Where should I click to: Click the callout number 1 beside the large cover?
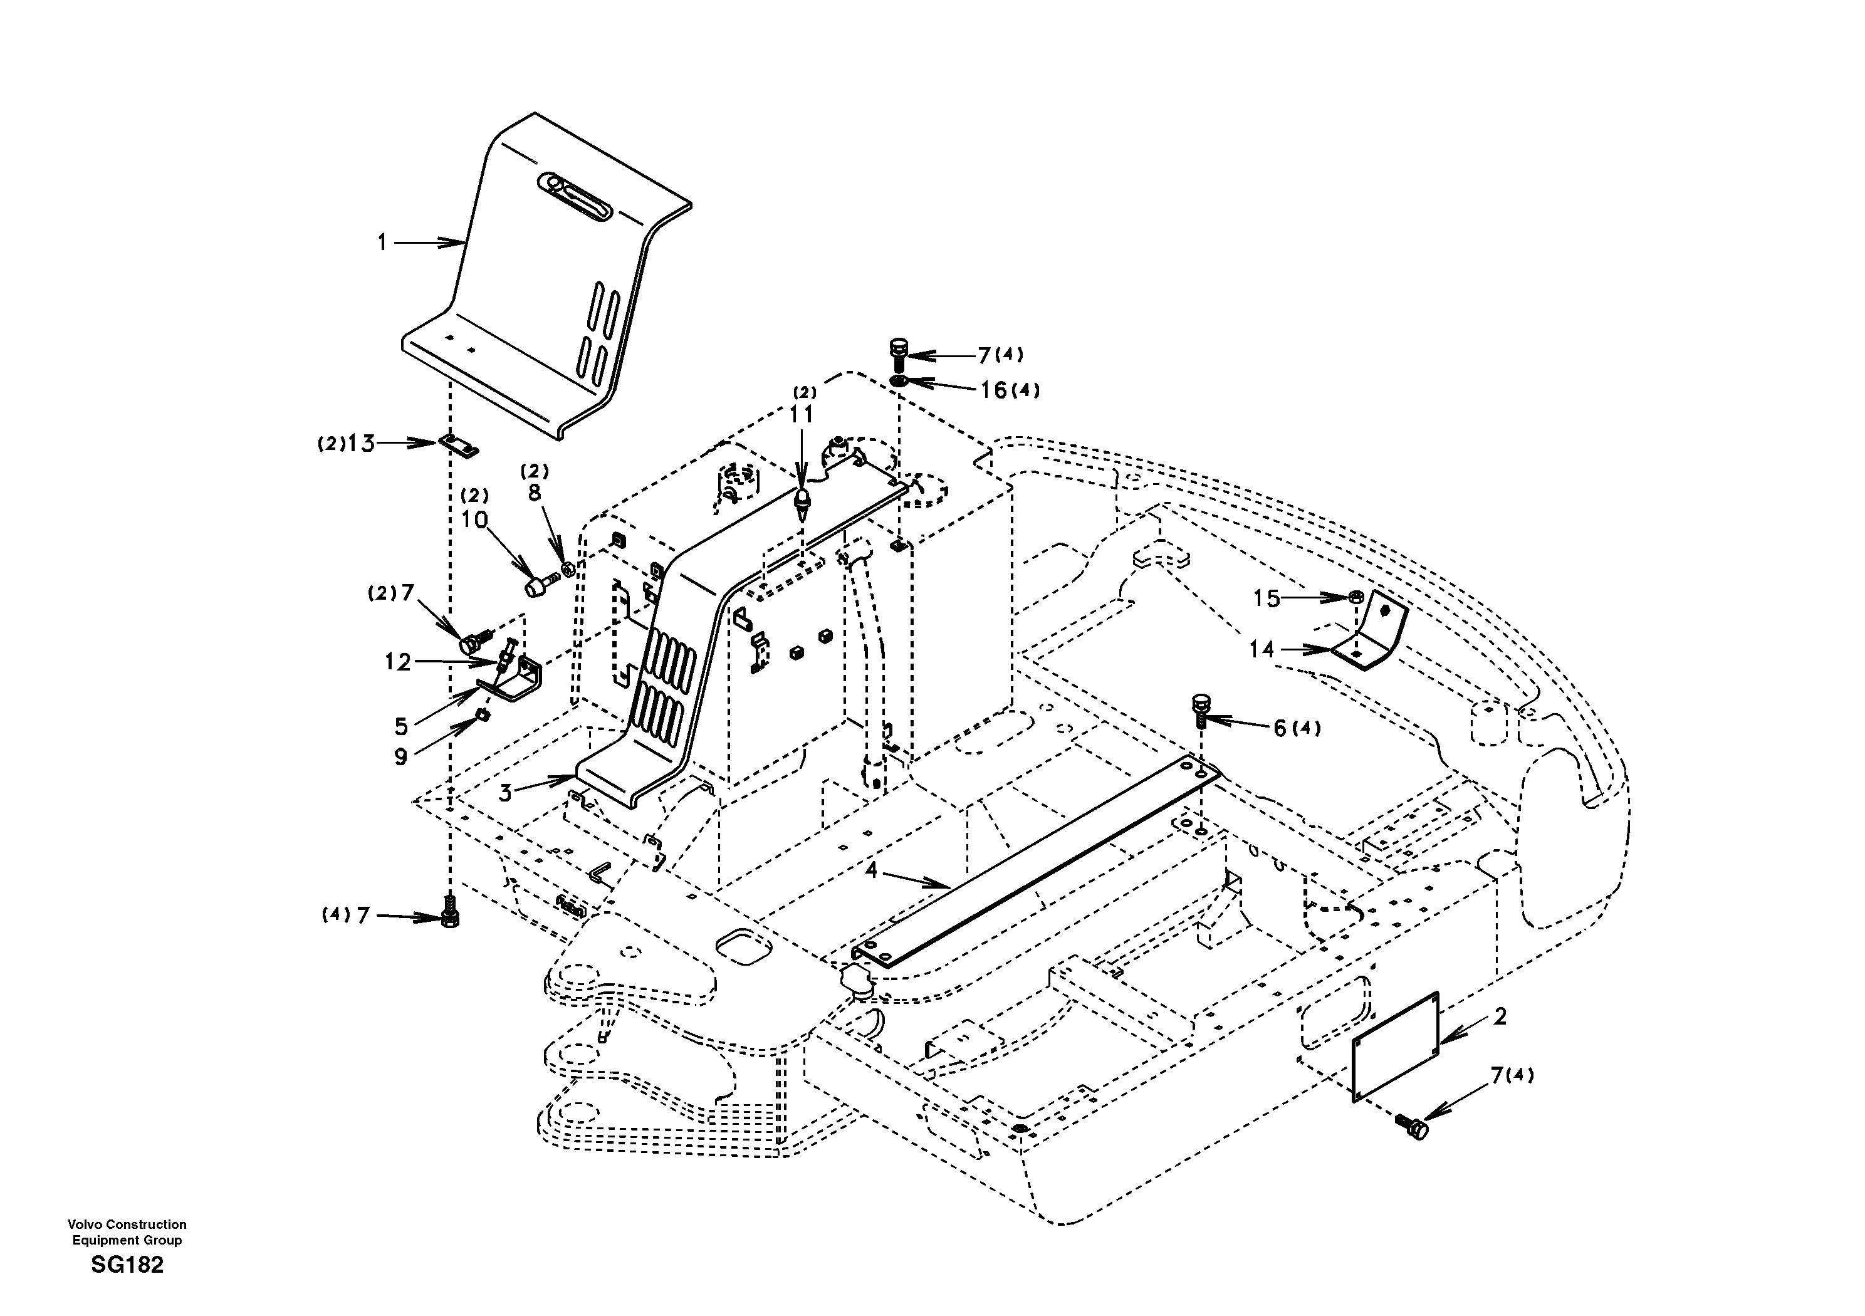[x=382, y=242]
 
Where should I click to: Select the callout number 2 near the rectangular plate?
[x=1500, y=1016]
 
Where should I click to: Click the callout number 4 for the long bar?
[x=872, y=871]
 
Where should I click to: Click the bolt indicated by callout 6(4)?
[x=1201, y=707]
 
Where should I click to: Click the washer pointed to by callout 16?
[x=899, y=381]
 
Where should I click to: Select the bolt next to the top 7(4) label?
[x=897, y=355]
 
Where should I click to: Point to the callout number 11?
[x=802, y=415]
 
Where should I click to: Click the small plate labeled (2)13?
[x=459, y=445]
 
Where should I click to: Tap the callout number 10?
[x=474, y=520]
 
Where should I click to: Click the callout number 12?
[x=398, y=663]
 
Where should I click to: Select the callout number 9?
[x=400, y=757]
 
